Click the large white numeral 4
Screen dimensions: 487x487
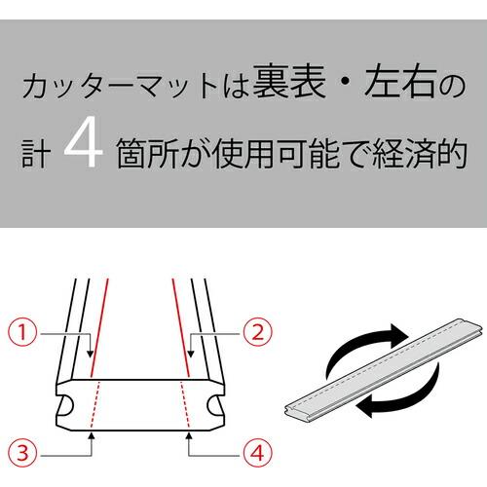[x=84, y=151]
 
